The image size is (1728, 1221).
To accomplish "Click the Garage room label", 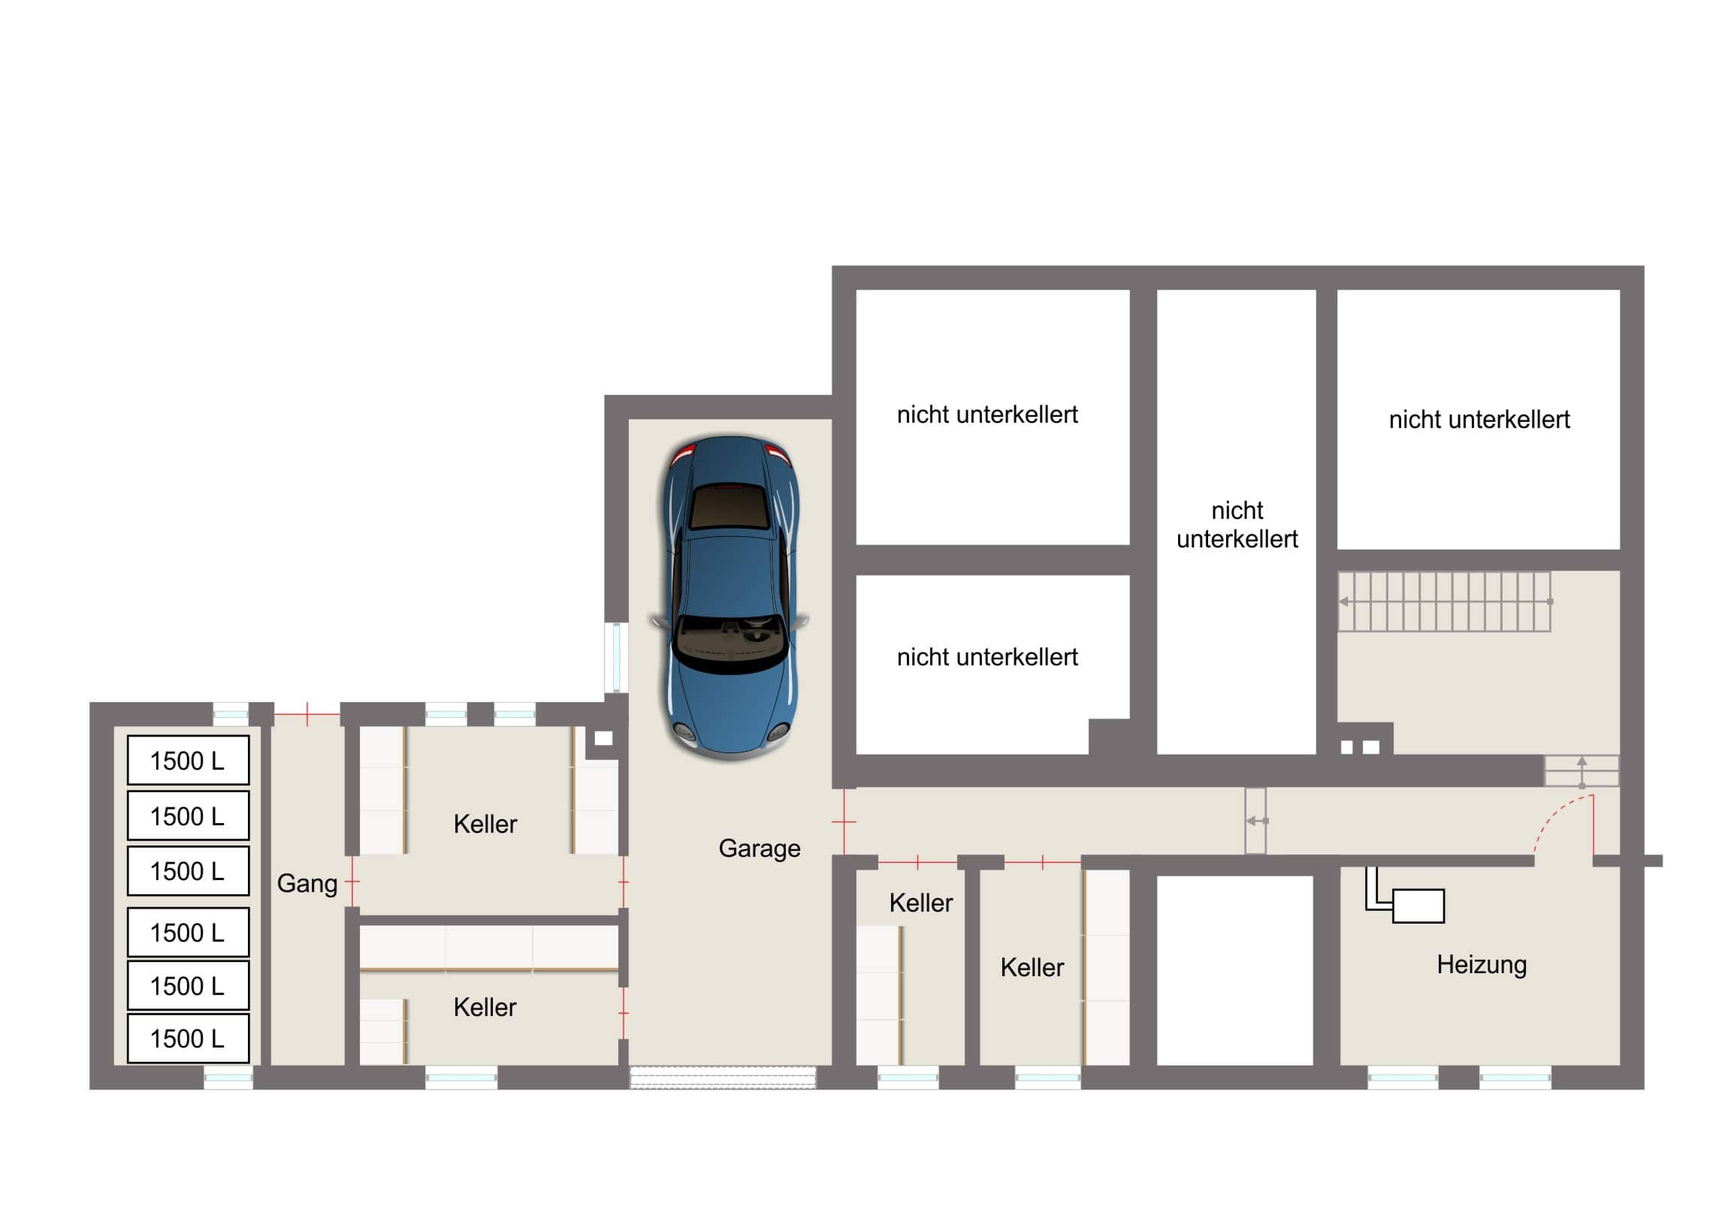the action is pos(760,849).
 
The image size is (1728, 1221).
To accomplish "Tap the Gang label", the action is pos(307,883).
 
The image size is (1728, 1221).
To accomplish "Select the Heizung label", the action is pos(1481,964).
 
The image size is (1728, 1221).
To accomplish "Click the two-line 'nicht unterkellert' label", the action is pos(1237,525).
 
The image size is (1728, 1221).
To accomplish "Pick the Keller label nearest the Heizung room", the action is pos(1032,967).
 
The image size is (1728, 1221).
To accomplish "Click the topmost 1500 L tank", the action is pos(188,761).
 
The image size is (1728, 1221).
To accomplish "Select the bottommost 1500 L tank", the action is pos(188,1039).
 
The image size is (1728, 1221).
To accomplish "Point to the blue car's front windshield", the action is pos(729,640).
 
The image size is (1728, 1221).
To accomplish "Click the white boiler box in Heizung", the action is pos(1418,906).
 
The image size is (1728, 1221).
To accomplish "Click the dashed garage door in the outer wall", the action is pos(723,1078).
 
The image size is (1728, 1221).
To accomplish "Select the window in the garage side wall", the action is pos(616,657).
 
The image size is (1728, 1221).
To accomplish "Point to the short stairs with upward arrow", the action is pos(1582,771).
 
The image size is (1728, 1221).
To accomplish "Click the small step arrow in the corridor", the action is pos(1257,821).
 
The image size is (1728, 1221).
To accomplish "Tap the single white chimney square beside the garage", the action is pos(603,739).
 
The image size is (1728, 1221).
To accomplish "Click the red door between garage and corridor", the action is pos(844,822).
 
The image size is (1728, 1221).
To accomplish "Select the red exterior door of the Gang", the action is pos(307,714).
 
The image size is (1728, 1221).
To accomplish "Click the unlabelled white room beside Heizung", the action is pos(1235,970).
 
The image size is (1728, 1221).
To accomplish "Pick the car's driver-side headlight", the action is pos(778,730).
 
